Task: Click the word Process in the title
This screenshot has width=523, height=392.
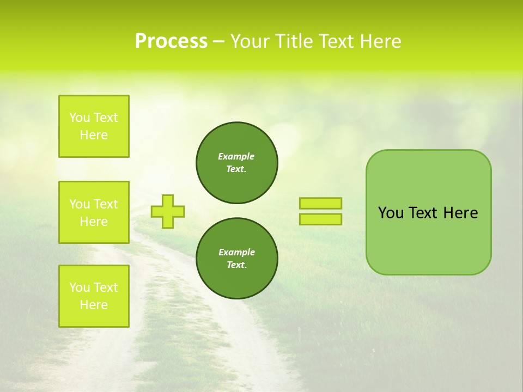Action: pos(171,41)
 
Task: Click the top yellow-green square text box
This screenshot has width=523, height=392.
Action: pos(94,126)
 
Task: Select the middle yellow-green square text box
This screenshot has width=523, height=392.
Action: pos(94,212)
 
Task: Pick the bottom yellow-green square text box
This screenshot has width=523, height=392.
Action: pos(94,296)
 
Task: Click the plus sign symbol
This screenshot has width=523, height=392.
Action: pos(168,211)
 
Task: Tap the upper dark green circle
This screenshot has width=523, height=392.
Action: pos(237,162)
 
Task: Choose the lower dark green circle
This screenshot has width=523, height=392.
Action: pos(237,258)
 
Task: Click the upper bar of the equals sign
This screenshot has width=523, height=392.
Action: pos(320,203)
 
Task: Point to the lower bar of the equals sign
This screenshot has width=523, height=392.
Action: pos(320,219)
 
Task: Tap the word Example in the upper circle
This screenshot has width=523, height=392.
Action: pos(236,156)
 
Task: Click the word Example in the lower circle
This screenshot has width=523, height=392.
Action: pos(236,252)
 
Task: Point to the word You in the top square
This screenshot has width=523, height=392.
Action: pos(80,118)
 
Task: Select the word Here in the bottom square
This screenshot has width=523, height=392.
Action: pos(94,305)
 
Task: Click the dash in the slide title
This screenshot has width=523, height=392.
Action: pos(218,41)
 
